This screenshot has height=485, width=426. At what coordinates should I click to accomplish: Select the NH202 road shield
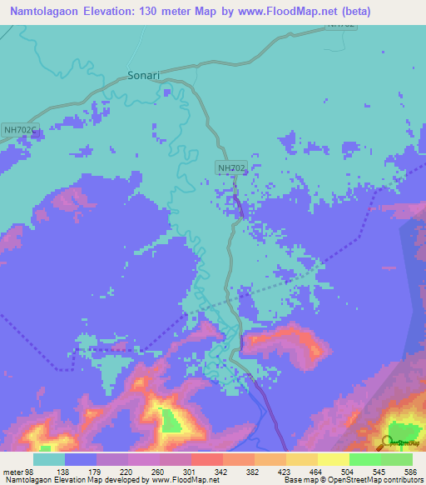click(x=231, y=167)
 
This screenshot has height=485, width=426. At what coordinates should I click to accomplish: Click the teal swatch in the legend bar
click(x=48, y=459)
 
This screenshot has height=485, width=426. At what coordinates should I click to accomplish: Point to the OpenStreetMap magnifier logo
click(x=388, y=442)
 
